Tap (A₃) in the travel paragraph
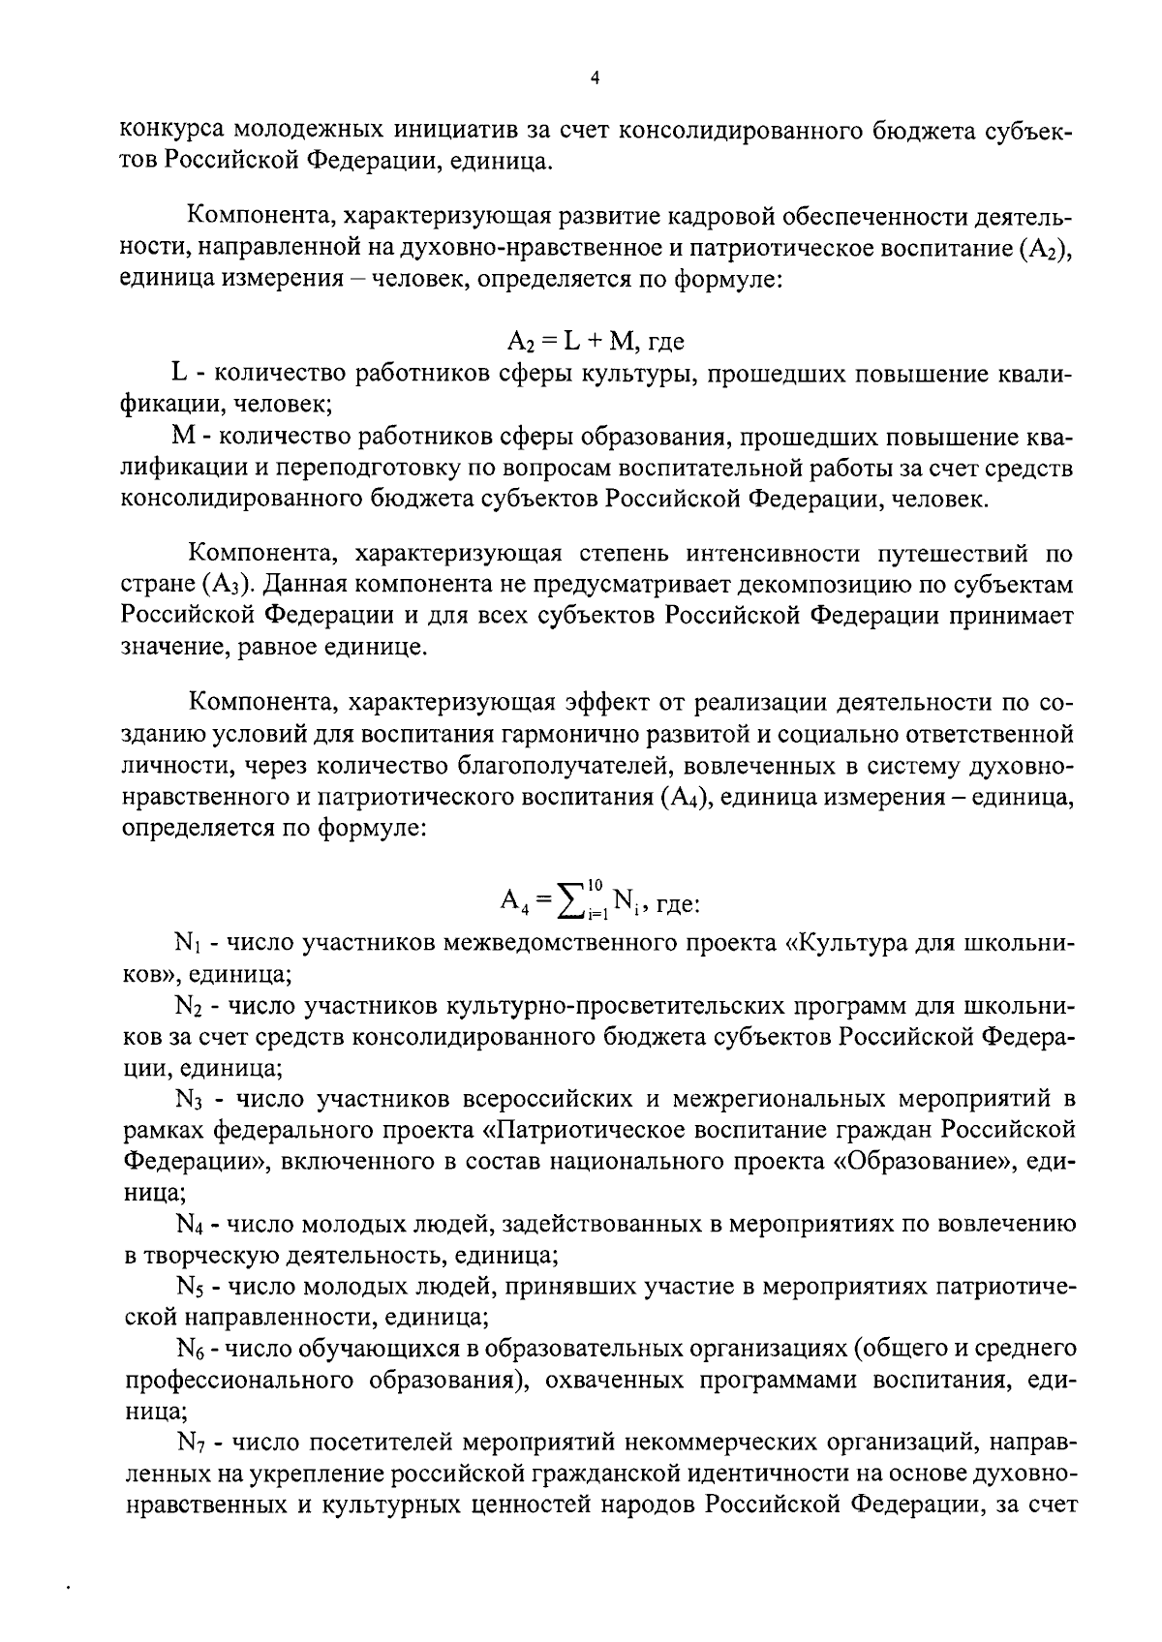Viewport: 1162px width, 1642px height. (229, 585)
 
